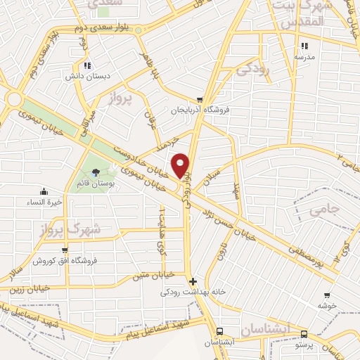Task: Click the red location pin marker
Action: (x=182, y=165)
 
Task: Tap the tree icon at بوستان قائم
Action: (x=96, y=172)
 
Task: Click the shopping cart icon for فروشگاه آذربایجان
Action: (x=200, y=100)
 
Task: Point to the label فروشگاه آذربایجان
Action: (x=200, y=110)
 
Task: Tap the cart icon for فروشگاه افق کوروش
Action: (x=65, y=250)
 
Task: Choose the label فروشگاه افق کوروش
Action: (x=65, y=260)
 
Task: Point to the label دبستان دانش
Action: (x=85, y=75)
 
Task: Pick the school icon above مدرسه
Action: (x=304, y=46)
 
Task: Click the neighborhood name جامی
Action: (x=323, y=208)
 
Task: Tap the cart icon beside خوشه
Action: (x=323, y=296)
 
